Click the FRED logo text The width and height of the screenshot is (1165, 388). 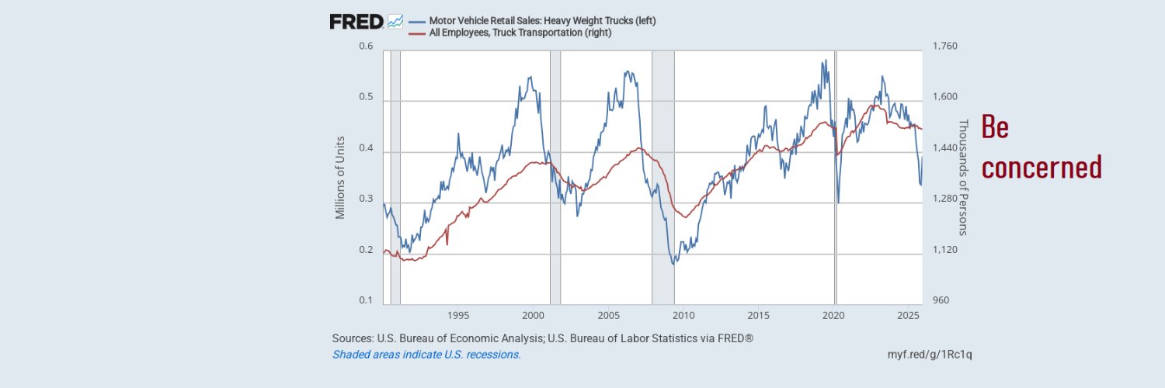(356, 22)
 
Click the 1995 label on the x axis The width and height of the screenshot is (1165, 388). (458, 317)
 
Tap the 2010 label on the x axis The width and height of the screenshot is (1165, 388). (683, 317)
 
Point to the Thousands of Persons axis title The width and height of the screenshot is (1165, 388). (964, 177)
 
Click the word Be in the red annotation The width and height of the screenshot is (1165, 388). (995, 127)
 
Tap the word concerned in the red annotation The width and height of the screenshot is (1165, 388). (1042, 167)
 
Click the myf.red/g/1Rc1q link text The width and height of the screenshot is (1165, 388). (930, 355)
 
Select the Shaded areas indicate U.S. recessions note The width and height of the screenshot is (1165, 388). (426, 355)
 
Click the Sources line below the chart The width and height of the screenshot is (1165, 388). (543, 338)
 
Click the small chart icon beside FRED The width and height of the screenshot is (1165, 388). (395, 22)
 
